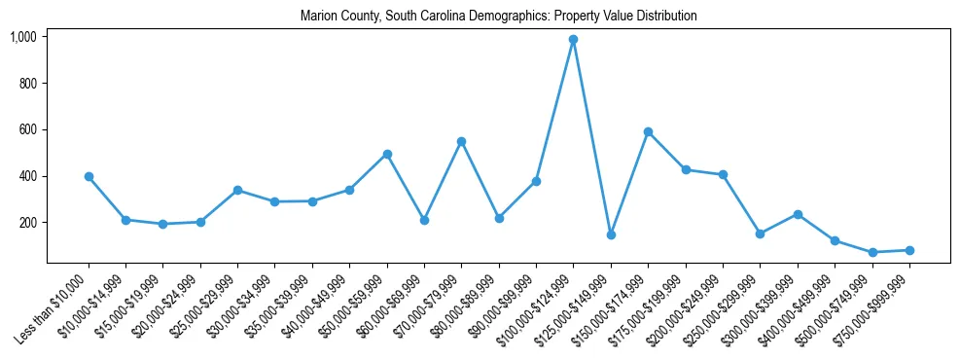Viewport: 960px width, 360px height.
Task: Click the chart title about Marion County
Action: coord(499,17)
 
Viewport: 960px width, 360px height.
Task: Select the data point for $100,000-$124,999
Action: coord(574,40)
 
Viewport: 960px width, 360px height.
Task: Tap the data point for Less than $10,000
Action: coord(89,177)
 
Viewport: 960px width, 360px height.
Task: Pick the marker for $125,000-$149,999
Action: coord(611,234)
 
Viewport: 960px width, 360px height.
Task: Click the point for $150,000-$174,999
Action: coord(648,132)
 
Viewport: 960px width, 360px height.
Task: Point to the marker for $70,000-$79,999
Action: coord(462,142)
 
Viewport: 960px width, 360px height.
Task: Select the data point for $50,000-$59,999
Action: coord(387,154)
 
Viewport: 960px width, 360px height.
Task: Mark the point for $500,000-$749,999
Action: coord(872,252)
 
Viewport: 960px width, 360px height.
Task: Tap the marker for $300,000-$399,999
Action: coord(798,214)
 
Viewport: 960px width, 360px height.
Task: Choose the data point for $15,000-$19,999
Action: coord(163,224)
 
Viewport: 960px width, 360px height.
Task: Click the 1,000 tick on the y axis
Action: coord(22,37)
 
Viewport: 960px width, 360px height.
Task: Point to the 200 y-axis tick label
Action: coord(27,223)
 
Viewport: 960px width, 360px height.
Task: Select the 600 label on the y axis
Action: coord(27,130)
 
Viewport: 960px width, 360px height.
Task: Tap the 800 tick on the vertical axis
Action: coord(27,84)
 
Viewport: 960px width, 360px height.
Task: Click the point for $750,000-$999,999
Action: coord(909,250)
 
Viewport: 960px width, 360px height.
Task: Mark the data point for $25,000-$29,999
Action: coord(238,191)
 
